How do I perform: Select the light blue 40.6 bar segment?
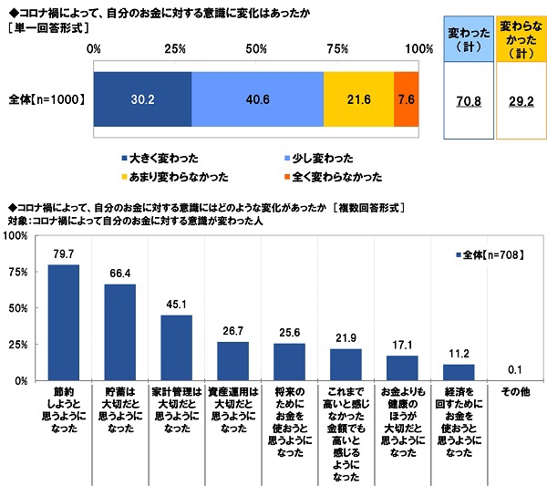click(x=257, y=98)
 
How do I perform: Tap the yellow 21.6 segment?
click(x=358, y=98)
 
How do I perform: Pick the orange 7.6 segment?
click(x=407, y=98)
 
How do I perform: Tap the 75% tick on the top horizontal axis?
click(x=337, y=47)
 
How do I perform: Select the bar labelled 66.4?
click(x=119, y=332)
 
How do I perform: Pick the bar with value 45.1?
click(x=176, y=347)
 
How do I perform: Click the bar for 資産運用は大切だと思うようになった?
click(x=232, y=360)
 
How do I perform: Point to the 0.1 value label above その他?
click(x=514, y=370)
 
